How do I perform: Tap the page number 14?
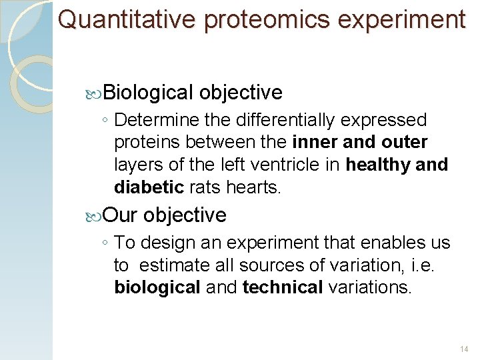[465, 349]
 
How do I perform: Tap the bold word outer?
[405, 142]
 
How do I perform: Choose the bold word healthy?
[379, 165]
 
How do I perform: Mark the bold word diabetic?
[150, 187]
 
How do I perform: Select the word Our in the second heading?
[120, 215]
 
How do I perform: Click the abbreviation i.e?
[425, 265]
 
